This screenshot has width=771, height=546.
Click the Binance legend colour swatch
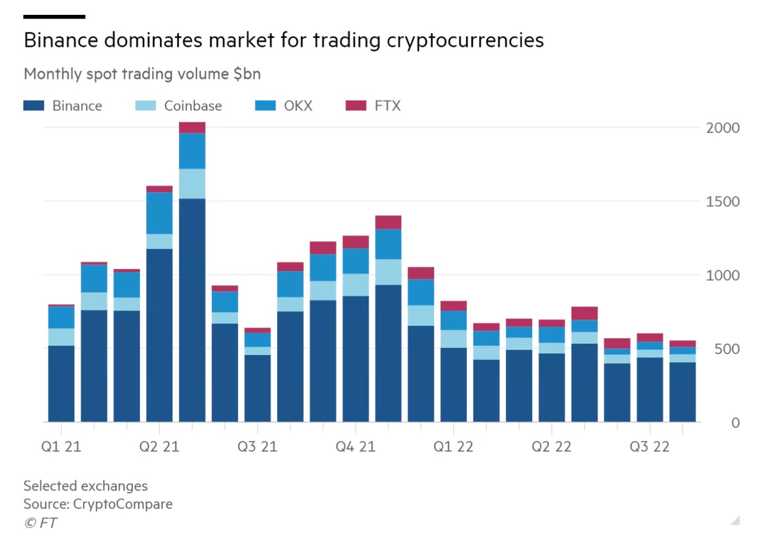(34, 105)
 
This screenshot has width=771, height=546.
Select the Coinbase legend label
(192, 106)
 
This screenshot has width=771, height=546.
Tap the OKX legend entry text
(298, 106)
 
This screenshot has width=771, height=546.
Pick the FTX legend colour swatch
(356, 105)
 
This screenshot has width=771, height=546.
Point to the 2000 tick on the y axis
(722, 128)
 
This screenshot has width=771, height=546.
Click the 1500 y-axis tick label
(722, 201)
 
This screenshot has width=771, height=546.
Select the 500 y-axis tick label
(726, 349)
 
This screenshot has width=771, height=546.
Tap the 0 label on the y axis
(735, 423)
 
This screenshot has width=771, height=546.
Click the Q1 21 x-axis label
(61, 447)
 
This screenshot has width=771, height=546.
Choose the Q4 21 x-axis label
(355, 447)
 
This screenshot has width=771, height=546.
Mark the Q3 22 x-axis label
(650, 447)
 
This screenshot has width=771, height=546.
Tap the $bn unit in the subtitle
(247, 74)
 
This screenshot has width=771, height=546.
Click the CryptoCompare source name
(122, 504)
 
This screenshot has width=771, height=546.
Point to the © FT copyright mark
(40, 523)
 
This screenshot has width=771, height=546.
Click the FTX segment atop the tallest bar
(192, 128)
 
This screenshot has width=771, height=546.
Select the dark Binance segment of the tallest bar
(192, 310)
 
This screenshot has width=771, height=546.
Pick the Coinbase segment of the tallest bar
(192, 184)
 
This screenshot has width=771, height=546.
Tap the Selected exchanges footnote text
(85, 486)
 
